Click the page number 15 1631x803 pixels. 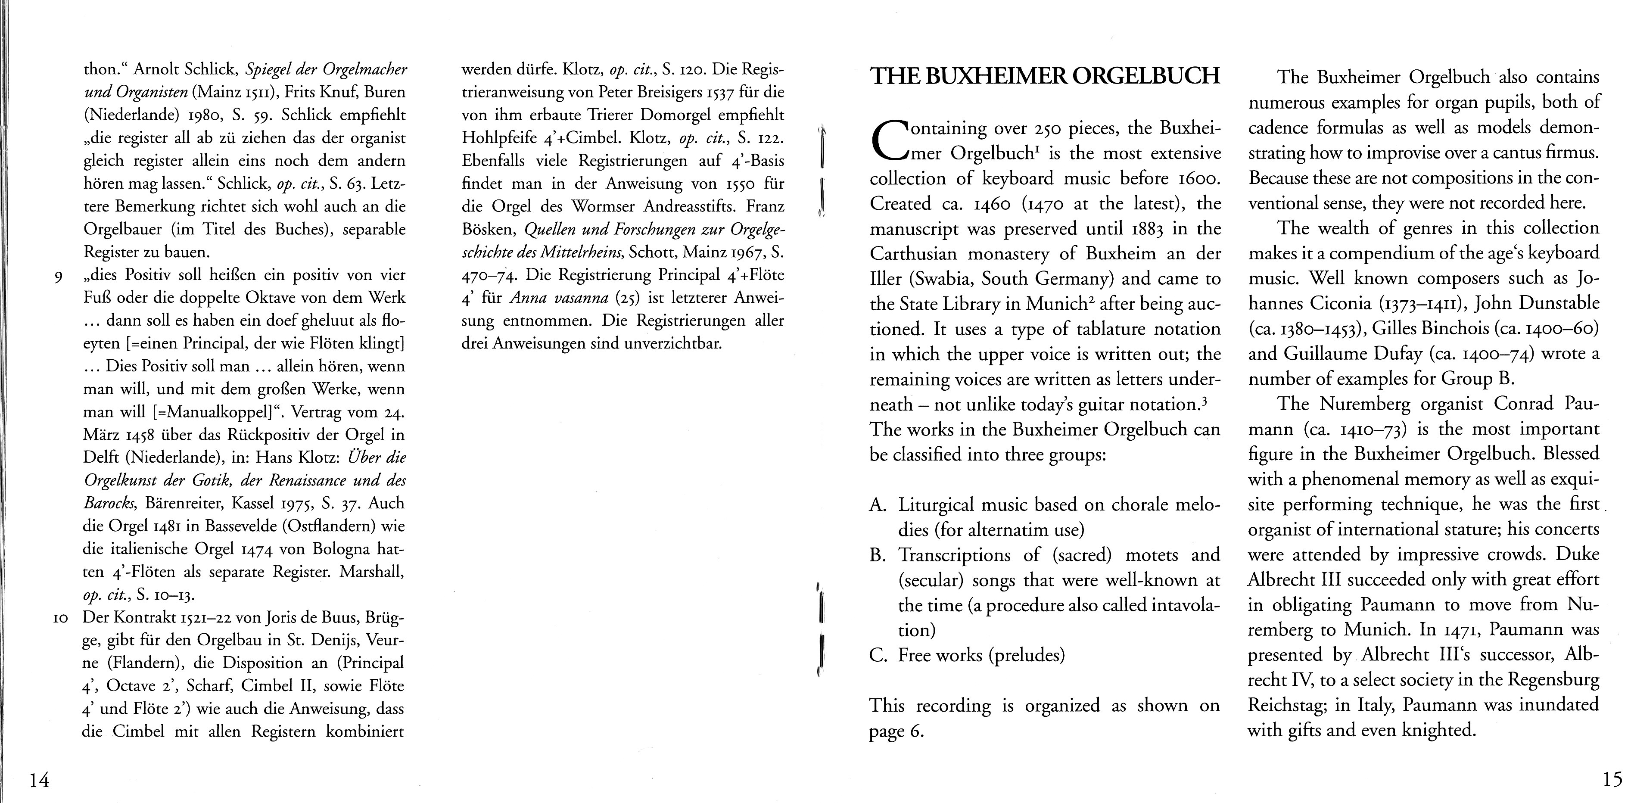(x=1612, y=778)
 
